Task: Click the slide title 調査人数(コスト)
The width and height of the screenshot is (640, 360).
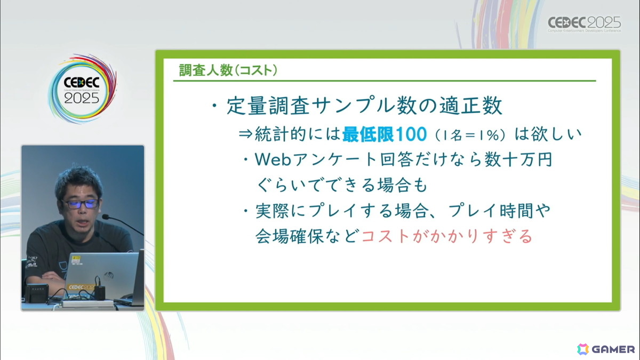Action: [228, 70]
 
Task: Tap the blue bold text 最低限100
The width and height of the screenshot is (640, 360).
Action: [385, 134]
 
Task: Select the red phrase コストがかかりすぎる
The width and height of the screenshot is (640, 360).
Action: [447, 236]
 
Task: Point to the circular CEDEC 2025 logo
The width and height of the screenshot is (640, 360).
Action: [82, 89]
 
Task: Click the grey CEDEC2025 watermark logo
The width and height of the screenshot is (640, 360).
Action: [585, 24]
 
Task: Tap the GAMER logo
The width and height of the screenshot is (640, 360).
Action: [606, 349]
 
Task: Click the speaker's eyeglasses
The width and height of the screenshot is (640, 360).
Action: [81, 204]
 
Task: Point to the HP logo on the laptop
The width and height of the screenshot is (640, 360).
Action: [109, 276]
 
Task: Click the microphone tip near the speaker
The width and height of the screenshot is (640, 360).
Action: [105, 217]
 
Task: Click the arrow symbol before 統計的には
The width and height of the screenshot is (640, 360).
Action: [245, 134]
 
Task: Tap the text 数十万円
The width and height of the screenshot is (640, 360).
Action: [518, 159]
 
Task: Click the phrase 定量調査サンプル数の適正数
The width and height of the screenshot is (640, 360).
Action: [364, 106]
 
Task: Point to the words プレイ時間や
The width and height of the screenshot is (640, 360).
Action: [499, 211]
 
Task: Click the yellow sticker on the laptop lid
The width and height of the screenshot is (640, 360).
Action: [76, 260]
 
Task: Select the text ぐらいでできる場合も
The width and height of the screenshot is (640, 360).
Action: [342, 185]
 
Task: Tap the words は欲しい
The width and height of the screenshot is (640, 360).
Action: [548, 134]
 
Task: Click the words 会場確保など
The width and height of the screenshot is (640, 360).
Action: [307, 236]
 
